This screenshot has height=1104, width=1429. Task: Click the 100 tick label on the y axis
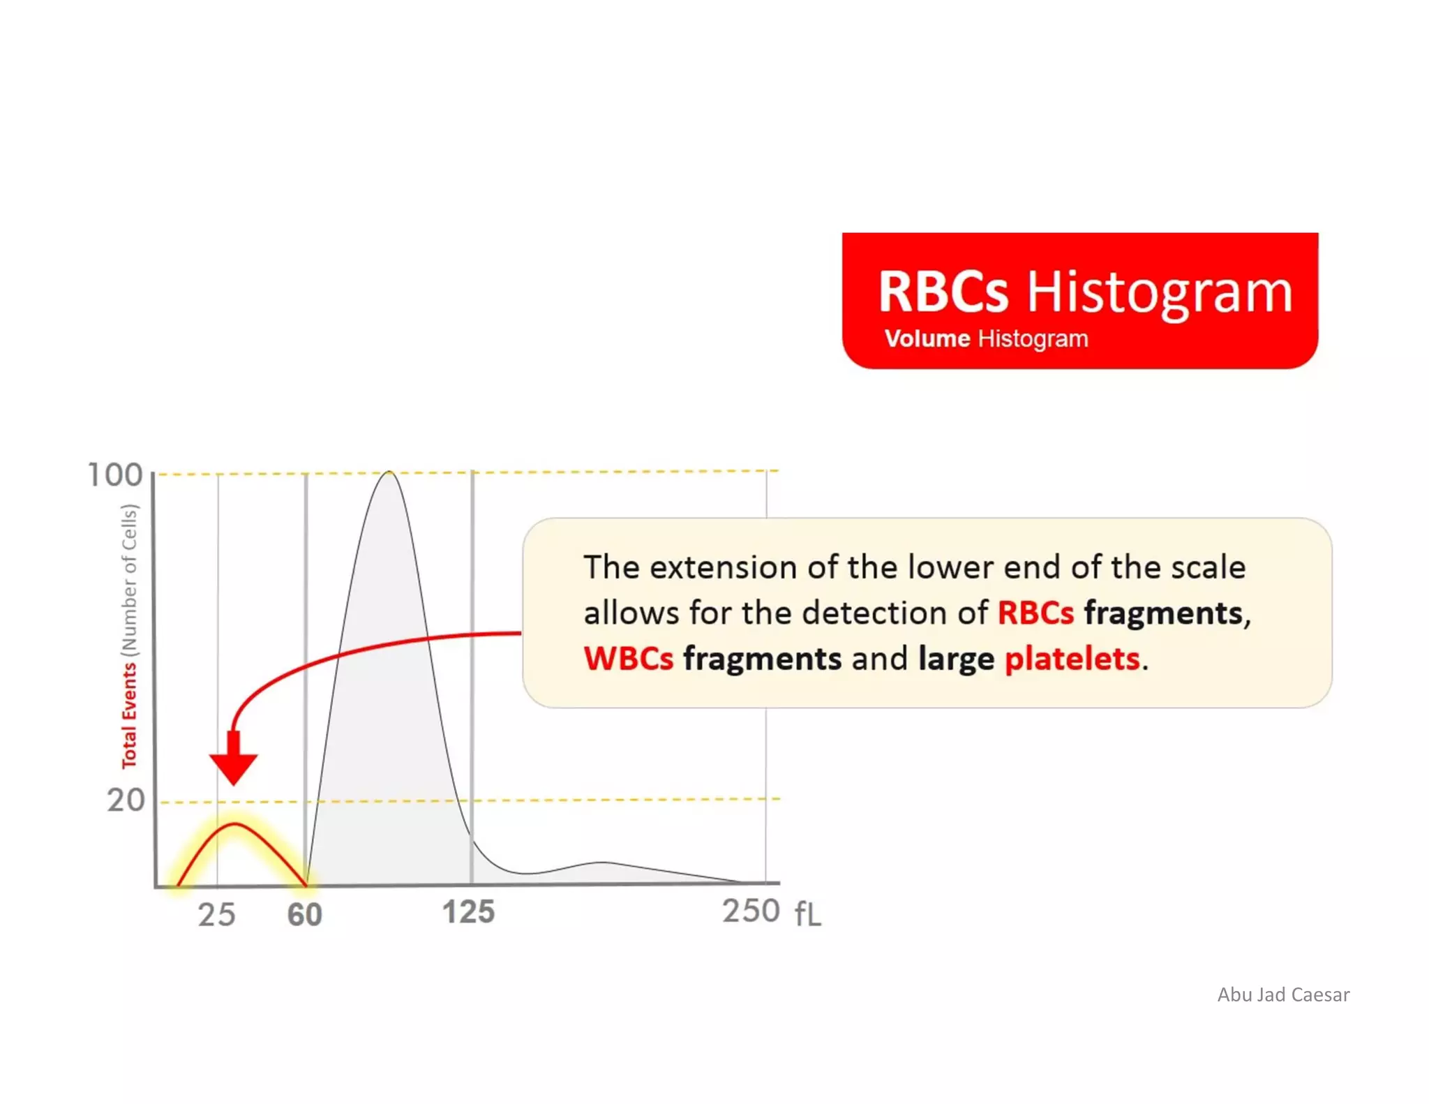tap(115, 475)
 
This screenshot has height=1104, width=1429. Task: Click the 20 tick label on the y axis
tap(126, 800)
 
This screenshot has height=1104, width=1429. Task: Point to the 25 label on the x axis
tap(216, 914)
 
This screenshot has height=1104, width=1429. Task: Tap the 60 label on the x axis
tap(305, 914)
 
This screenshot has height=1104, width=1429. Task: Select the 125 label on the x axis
tap(468, 912)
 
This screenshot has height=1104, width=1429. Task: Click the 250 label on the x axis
tap(751, 911)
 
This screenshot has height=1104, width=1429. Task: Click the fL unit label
tap(808, 913)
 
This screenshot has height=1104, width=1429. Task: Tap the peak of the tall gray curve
tap(389, 472)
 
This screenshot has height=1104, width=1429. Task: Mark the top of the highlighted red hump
tap(236, 824)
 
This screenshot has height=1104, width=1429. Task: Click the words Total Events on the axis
tap(129, 715)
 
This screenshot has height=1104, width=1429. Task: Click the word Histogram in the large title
tap(1159, 292)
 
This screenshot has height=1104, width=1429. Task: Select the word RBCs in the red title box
tap(943, 292)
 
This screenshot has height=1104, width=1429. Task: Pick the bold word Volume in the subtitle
tap(927, 339)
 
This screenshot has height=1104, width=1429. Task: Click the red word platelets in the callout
tap(1072, 659)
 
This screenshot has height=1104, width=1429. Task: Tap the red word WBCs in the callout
tap(629, 659)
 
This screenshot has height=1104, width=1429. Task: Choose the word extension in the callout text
tap(723, 567)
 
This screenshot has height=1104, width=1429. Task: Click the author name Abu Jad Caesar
tap(1283, 994)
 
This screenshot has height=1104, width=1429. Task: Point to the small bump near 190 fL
tap(604, 863)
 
